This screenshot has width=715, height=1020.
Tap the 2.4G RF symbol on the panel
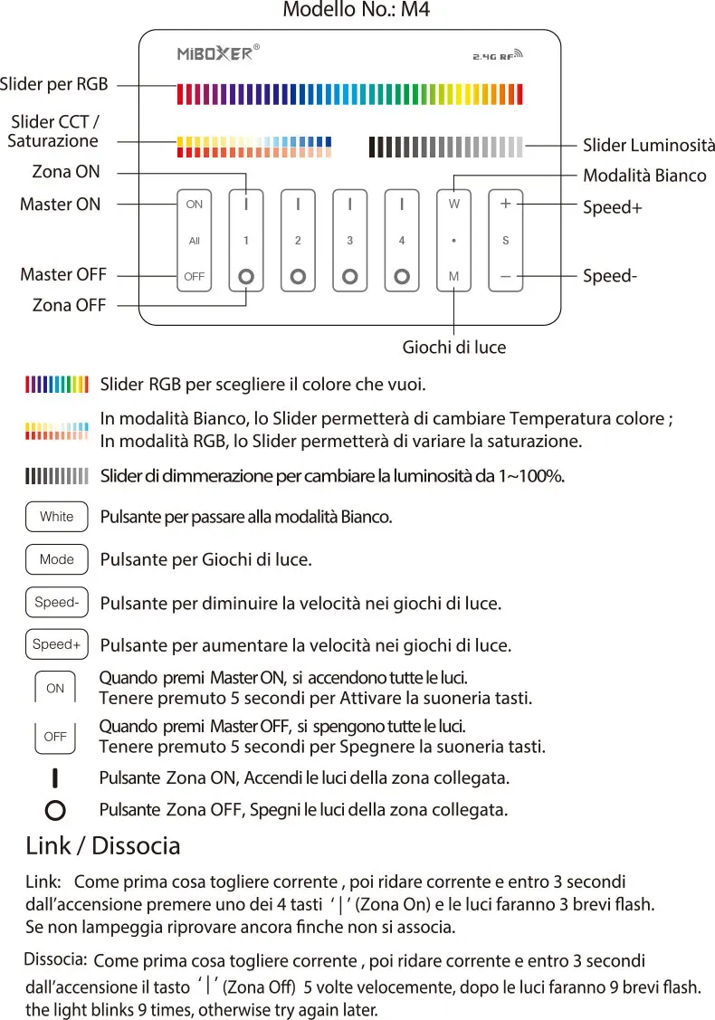(498, 55)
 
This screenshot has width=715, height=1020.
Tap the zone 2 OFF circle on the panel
(298, 275)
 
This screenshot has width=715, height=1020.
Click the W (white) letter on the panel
(453, 205)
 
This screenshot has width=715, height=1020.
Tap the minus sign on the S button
(505, 275)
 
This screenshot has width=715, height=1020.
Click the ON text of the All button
(195, 205)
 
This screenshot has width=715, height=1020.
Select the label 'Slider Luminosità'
(648, 145)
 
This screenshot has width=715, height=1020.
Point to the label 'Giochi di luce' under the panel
(453, 347)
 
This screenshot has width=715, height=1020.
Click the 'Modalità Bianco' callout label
(644, 175)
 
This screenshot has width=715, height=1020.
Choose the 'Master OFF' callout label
(63, 274)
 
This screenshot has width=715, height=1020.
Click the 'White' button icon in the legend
(57, 517)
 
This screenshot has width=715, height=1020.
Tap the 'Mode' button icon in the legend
(57, 559)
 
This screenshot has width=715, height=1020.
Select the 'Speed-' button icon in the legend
(57, 602)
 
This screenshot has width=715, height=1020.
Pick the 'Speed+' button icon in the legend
(57, 644)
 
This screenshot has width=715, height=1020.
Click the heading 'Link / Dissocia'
(103, 845)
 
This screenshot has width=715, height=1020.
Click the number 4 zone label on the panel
(402, 241)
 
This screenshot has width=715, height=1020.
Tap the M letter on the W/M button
(453, 275)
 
